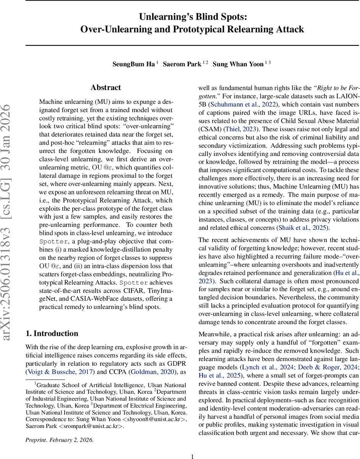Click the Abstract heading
106,88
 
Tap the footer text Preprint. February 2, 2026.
59,439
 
